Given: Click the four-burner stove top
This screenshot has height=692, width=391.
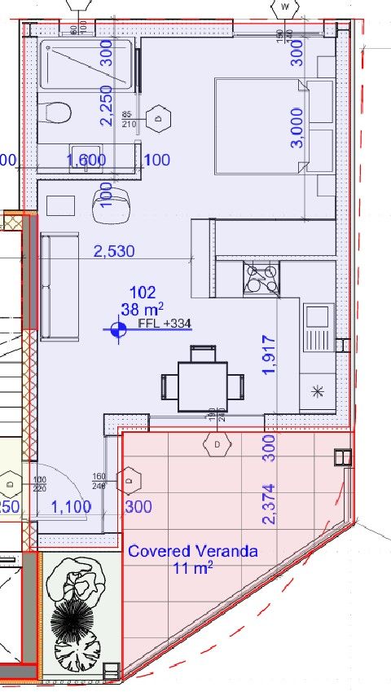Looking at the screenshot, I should (x=262, y=278).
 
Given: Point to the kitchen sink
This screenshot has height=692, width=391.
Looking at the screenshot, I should (x=318, y=326).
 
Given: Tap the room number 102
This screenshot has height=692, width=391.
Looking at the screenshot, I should (x=143, y=291).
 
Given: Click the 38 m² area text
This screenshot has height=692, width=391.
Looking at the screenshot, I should (x=143, y=308).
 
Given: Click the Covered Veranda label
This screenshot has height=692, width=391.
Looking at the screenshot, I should (x=192, y=551).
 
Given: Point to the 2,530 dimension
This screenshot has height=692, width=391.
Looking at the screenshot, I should (x=114, y=251).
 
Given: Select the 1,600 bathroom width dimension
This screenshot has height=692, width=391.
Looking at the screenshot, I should (x=86, y=161).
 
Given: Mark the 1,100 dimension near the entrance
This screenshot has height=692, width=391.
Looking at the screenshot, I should (x=71, y=507).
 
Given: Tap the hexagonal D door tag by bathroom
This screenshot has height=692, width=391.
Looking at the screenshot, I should (x=160, y=118).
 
